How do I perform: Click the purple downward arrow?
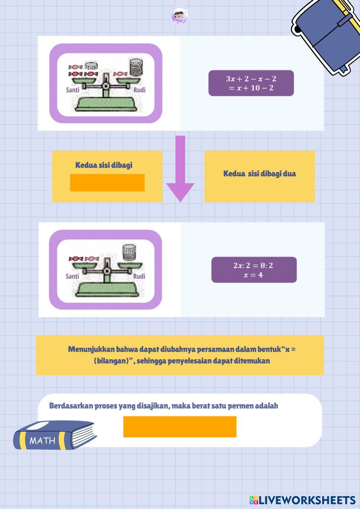[x=180, y=168]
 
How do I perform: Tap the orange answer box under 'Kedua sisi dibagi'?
[x=107, y=183]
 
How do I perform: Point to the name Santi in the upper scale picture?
[x=73, y=90]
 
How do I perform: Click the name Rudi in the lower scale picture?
[x=139, y=276]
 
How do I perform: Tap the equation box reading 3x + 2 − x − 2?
[x=251, y=83]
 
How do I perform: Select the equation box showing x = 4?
[x=254, y=270]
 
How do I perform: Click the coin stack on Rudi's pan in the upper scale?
[x=136, y=67]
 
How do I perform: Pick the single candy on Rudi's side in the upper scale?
[x=120, y=74]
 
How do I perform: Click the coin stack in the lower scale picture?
[x=129, y=252]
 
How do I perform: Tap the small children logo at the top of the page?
[x=180, y=16]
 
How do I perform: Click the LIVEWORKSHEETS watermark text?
[x=307, y=500]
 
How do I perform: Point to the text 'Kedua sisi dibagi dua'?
[x=260, y=174]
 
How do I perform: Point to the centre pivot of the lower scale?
[x=106, y=271]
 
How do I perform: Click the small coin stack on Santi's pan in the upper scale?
[x=91, y=66]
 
